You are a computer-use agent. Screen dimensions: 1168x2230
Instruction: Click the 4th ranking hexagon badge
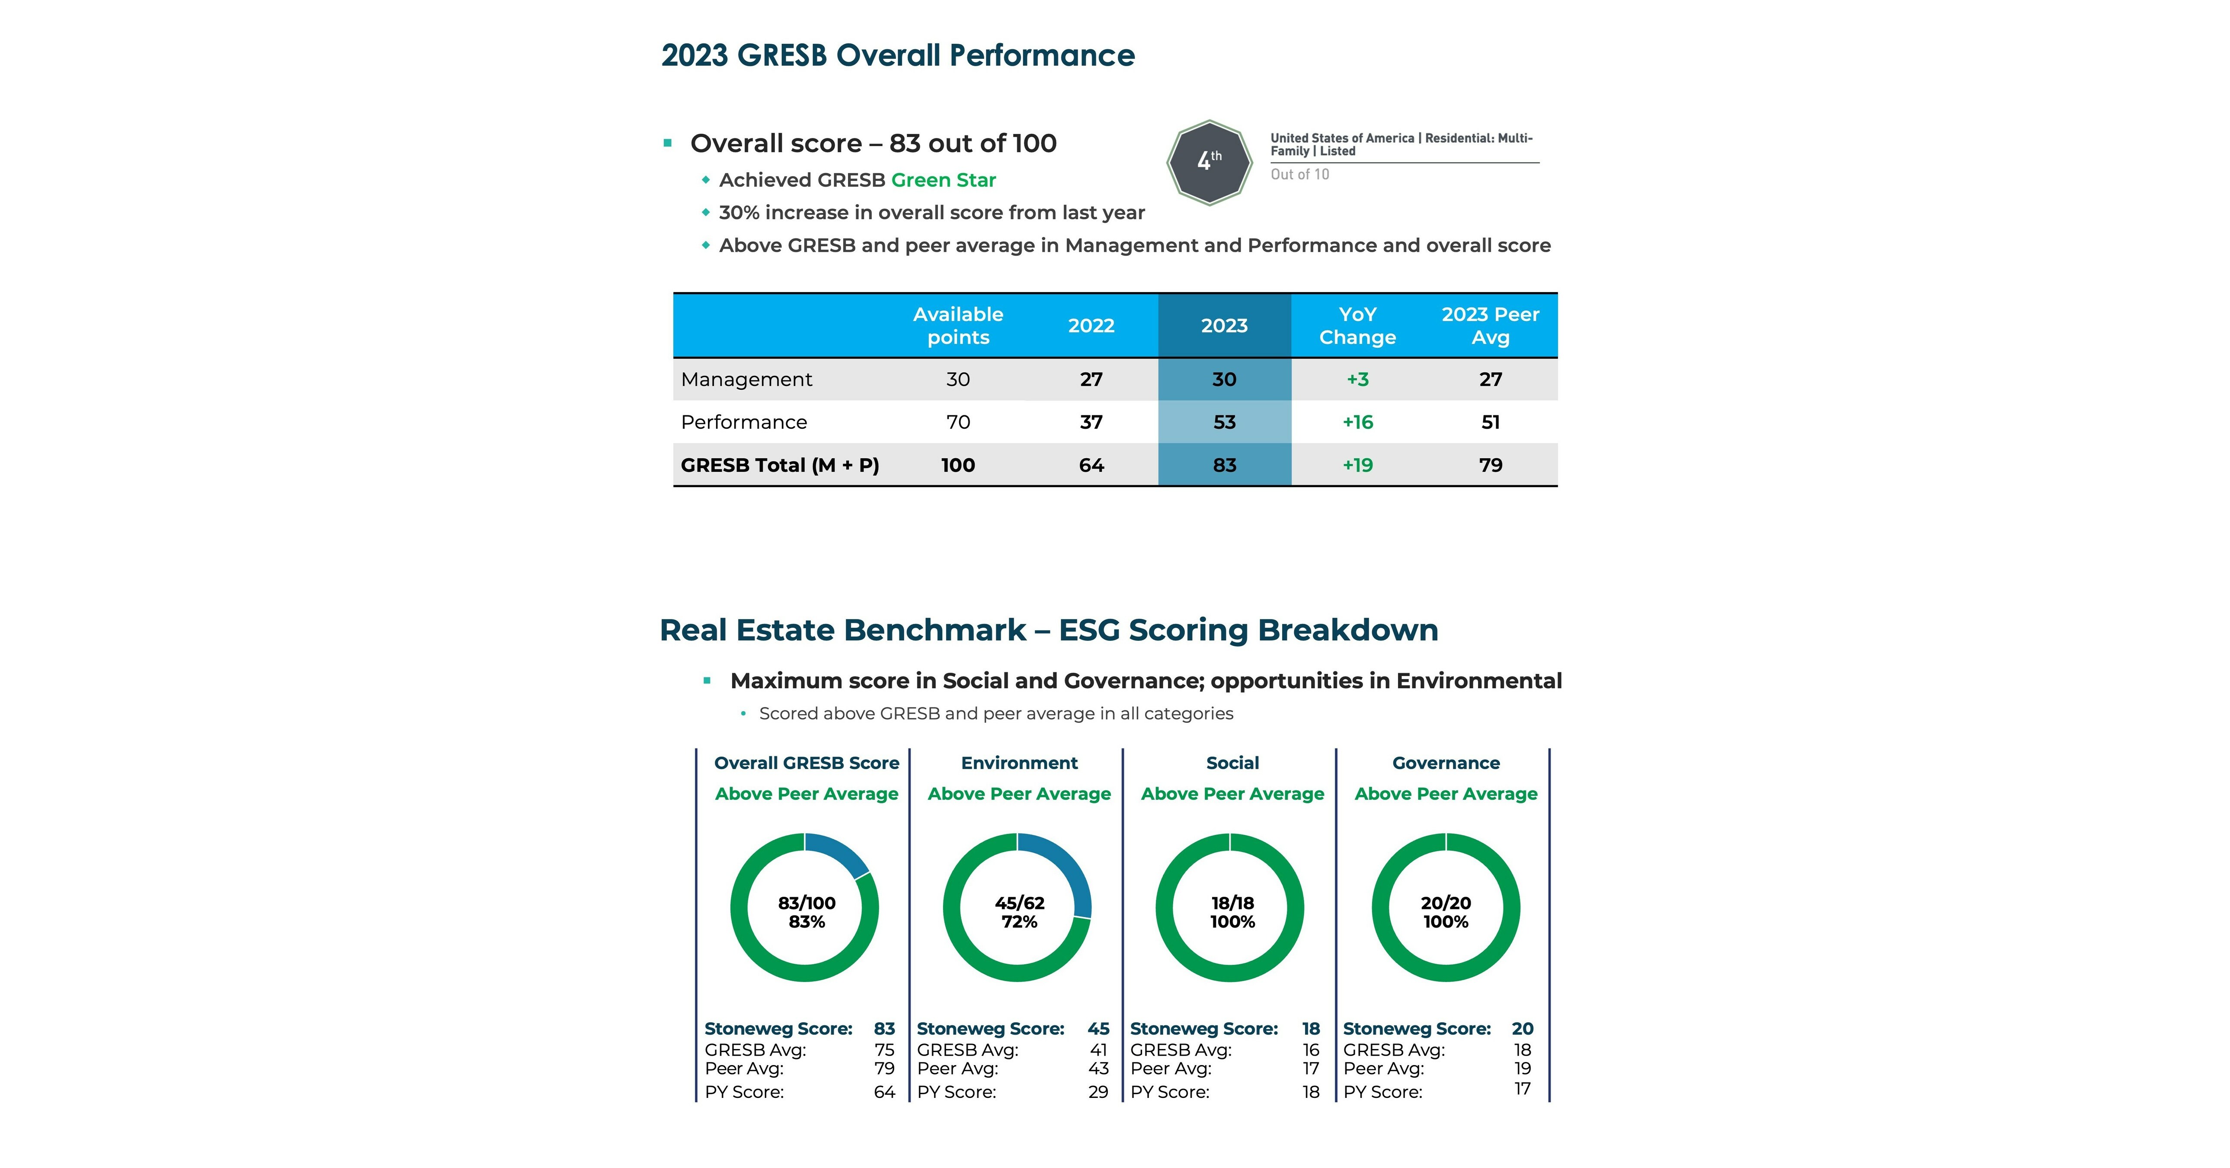pos(1209,162)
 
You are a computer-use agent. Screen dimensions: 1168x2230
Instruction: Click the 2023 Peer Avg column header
pos(1490,326)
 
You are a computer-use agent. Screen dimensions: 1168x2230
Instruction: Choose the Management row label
pos(746,379)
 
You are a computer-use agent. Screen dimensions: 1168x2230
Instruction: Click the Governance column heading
pos(1446,763)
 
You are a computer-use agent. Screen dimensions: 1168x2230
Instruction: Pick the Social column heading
pos(1232,763)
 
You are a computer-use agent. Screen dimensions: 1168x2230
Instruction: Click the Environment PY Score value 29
pos(1097,1092)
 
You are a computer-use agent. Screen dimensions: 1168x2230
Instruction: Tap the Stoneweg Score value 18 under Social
pos(1311,1029)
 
